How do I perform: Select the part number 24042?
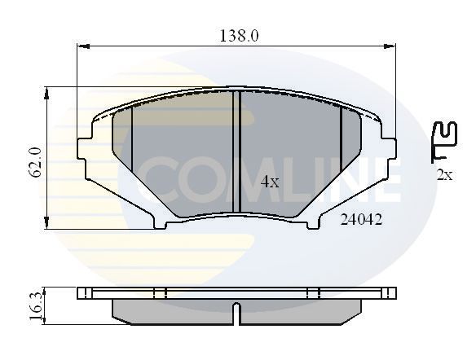point(362,219)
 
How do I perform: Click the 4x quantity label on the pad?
point(270,183)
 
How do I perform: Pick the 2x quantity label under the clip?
point(444,174)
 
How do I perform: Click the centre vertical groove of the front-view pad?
point(235,151)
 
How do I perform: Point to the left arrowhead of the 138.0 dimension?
point(81,47)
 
